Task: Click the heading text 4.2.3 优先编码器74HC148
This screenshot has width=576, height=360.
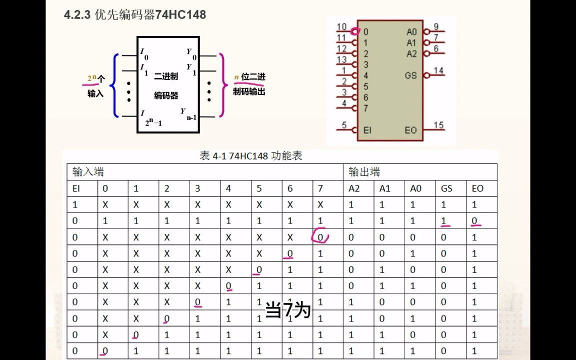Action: (135, 15)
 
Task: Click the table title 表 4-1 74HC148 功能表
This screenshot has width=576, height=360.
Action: (251, 156)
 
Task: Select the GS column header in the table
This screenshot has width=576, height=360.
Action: (446, 188)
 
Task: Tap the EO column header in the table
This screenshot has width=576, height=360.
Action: (477, 188)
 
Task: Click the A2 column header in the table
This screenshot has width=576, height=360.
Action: (354, 188)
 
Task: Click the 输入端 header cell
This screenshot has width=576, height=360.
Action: (88, 172)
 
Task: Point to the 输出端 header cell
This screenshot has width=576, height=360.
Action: (364, 172)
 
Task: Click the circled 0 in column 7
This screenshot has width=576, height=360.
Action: (320, 236)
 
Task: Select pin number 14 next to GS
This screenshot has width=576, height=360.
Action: (438, 70)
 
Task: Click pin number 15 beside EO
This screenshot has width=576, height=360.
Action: (438, 125)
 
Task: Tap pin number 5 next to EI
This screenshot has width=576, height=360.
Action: (344, 125)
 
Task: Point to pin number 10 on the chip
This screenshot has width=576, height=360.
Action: (342, 27)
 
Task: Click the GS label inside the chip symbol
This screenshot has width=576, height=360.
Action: (410, 75)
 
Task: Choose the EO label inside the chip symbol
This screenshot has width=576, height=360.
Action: (410, 130)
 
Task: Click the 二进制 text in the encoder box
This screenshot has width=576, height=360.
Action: (166, 76)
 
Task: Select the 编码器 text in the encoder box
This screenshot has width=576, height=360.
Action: (166, 95)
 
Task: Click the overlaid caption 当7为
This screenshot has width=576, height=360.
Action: (288, 310)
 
